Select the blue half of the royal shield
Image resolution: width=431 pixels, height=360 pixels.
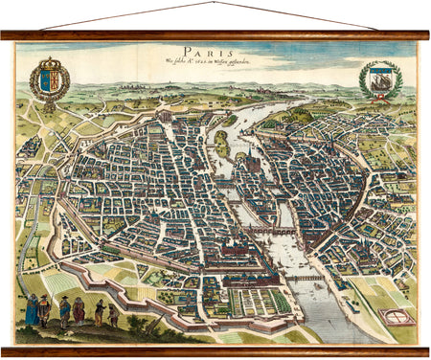click(45, 79)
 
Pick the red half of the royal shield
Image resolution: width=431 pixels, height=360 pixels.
click(54, 79)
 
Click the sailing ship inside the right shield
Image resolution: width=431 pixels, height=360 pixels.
click(379, 79)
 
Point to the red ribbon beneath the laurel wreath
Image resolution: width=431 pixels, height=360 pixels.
click(380, 100)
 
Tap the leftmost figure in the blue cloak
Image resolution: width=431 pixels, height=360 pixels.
click(31, 308)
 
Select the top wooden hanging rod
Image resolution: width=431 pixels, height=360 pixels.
click(215, 35)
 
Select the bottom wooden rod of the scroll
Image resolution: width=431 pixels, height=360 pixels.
click(215, 350)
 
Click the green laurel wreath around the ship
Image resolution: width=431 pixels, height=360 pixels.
click(363, 80)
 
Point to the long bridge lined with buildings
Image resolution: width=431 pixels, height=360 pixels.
click(270, 230)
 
